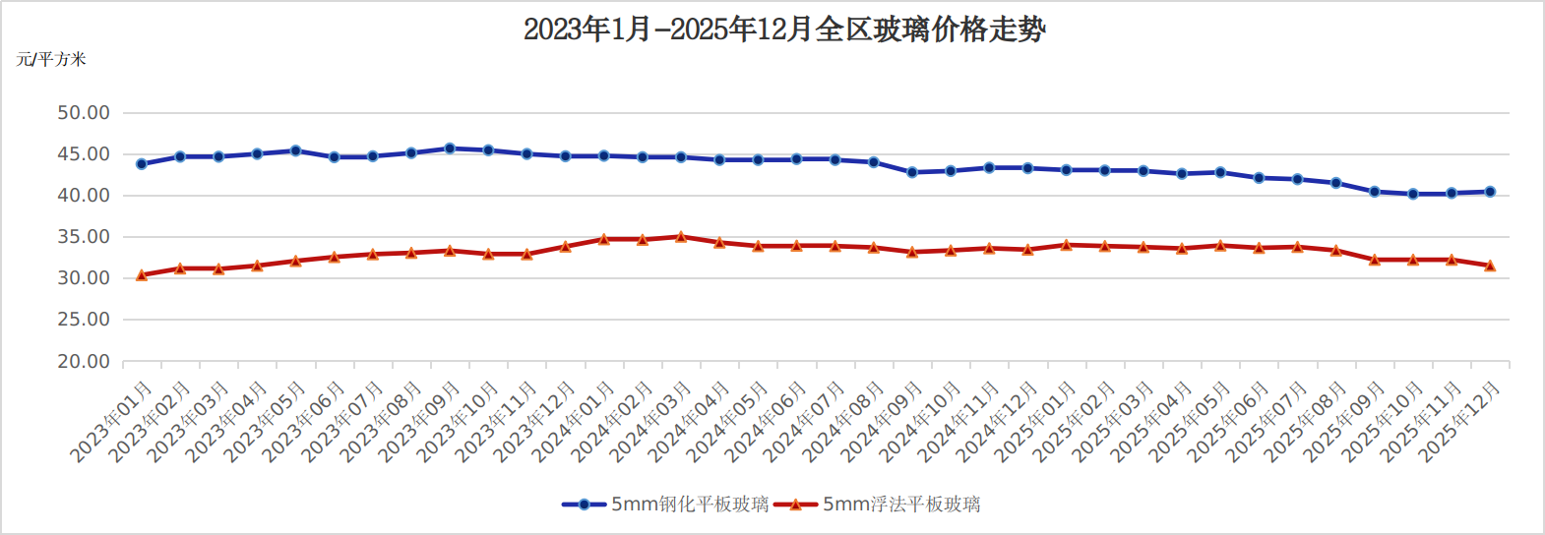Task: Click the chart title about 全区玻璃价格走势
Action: click(783, 30)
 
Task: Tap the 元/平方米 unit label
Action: click(51, 60)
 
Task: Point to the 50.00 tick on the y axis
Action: click(84, 113)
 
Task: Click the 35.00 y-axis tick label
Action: click(84, 237)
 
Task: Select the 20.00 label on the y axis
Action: click(84, 361)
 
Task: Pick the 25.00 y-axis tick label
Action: click(84, 320)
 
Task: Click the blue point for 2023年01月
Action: click(142, 164)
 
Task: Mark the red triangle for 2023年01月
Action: click(142, 275)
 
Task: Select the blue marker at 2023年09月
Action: click(450, 149)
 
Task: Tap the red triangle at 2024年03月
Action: click(681, 237)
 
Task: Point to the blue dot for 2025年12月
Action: click(1490, 192)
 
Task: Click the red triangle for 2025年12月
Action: click(1490, 266)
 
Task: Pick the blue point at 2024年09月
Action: click(912, 172)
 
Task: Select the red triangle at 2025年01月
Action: click(1066, 245)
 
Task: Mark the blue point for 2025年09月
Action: click(1375, 192)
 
